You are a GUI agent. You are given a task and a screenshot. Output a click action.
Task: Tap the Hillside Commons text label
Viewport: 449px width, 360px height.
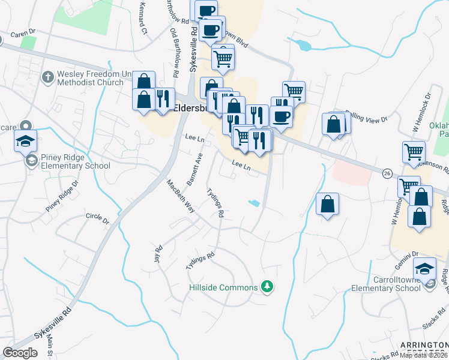[223, 288]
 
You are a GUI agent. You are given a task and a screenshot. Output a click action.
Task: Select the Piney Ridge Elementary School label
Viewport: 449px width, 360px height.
[76, 162]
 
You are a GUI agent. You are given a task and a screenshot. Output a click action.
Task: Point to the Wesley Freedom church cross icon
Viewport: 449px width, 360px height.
[47, 77]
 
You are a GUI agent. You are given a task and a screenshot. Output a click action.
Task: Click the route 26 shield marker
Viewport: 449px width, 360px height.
[388, 173]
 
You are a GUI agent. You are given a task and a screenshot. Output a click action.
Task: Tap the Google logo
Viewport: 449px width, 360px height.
[20, 352]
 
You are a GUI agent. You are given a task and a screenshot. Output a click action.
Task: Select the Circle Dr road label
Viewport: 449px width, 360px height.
[97, 218]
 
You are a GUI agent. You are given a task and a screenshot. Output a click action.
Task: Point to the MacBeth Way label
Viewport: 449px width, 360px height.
[181, 196]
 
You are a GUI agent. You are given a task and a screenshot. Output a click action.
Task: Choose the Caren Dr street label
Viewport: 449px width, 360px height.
[23, 31]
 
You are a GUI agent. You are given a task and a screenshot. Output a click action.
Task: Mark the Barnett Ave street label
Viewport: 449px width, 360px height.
[196, 169]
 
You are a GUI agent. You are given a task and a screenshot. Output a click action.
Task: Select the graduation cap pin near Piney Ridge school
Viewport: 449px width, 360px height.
[26, 142]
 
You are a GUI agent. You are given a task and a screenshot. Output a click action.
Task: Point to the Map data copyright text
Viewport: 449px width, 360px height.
[424, 355]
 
